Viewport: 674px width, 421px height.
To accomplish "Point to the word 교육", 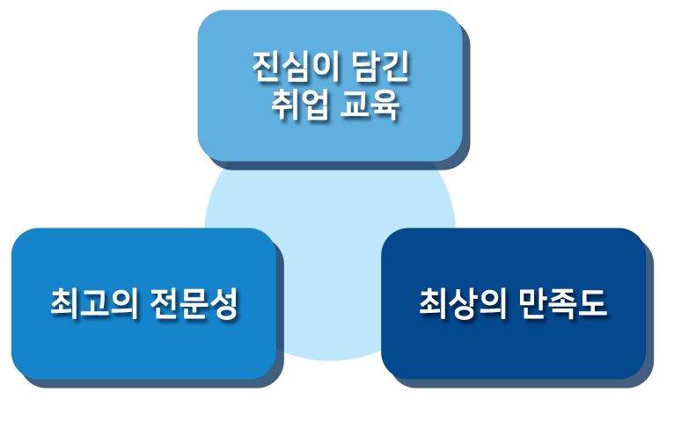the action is pyautogui.click(x=370, y=105).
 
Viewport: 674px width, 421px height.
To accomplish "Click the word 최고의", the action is pyautogui.click(x=94, y=303).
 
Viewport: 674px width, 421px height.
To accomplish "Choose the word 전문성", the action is pyautogui.click(x=194, y=303).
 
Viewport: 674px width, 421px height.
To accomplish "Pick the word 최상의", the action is pyautogui.click(x=463, y=303).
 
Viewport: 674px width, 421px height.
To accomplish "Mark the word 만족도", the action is pyautogui.click(x=562, y=303).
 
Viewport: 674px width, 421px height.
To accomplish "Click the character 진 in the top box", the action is pyautogui.click(x=267, y=67).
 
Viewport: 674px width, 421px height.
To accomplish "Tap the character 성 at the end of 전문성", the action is pyautogui.click(x=223, y=303).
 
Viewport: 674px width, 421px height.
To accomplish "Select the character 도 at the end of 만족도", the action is pyautogui.click(x=592, y=303).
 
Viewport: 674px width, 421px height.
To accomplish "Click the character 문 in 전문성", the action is pyautogui.click(x=194, y=303).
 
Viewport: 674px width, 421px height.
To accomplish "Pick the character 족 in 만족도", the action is pyautogui.click(x=562, y=303).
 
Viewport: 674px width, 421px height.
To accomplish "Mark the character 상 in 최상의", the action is pyautogui.click(x=463, y=303).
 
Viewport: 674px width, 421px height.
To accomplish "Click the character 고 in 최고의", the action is pyautogui.click(x=94, y=303).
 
